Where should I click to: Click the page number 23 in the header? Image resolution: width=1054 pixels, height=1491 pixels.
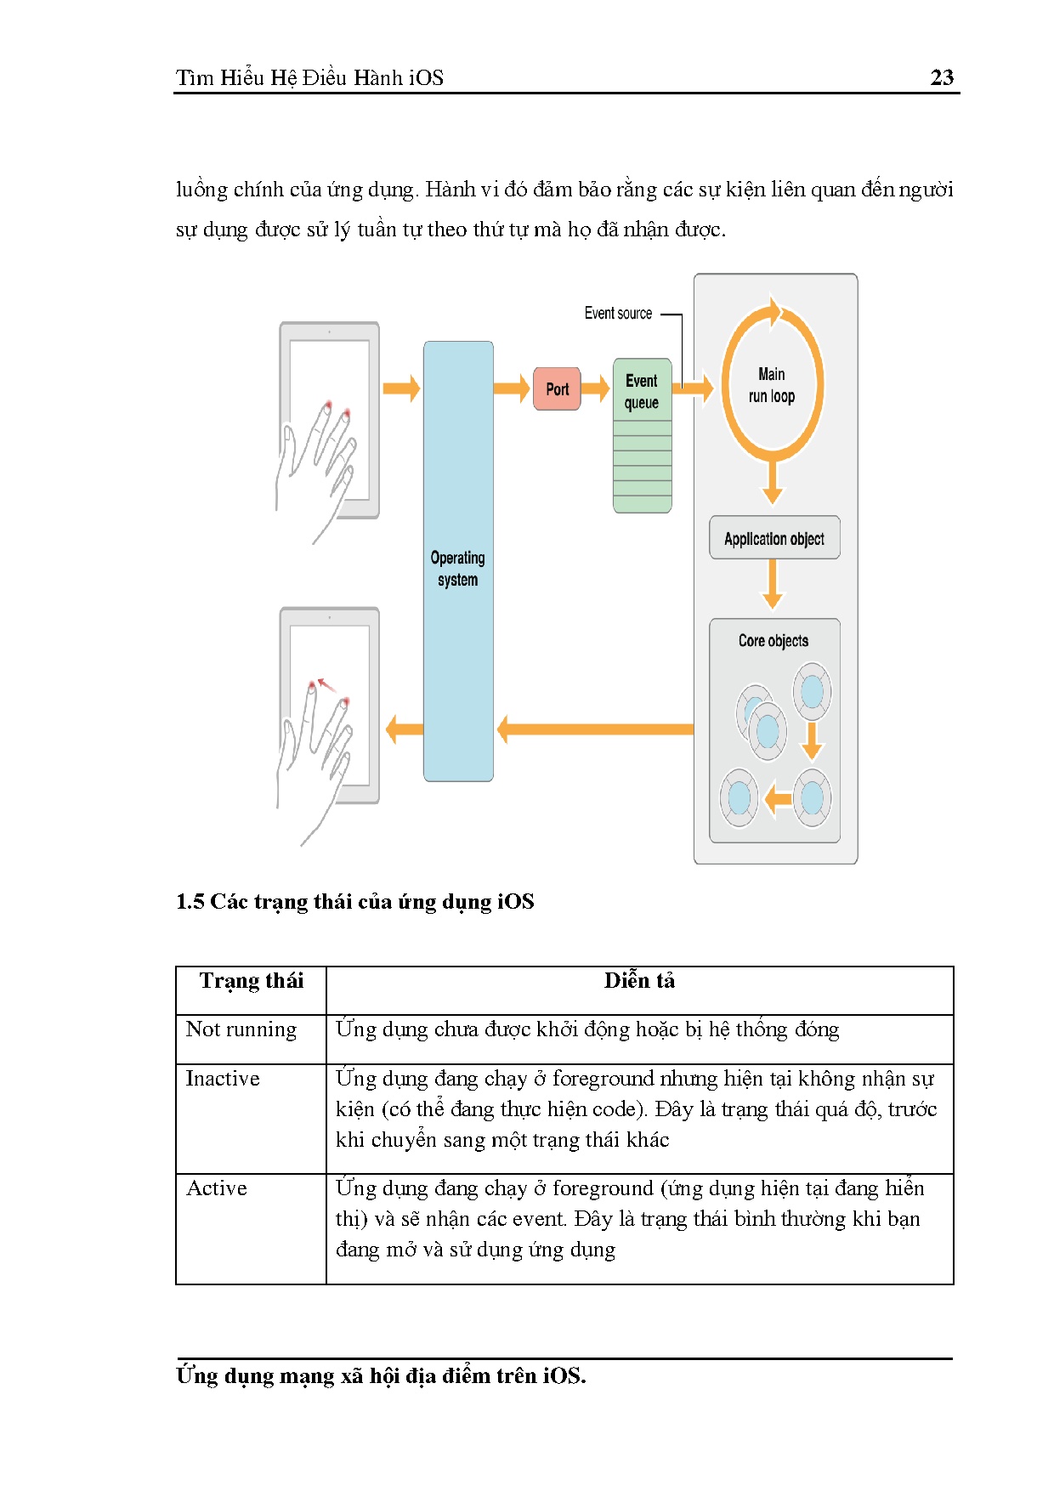(942, 77)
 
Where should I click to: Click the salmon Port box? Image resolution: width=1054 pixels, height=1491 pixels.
(557, 389)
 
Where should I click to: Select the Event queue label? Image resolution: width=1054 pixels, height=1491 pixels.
(642, 392)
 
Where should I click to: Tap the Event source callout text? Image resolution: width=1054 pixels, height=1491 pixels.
(618, 314)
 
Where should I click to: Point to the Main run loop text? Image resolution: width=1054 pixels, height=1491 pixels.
(772, 385)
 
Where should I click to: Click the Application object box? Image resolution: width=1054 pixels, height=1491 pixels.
(774, 538)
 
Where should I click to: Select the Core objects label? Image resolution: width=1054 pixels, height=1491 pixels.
(773, 641)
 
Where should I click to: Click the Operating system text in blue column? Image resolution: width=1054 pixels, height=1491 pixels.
(457, 569)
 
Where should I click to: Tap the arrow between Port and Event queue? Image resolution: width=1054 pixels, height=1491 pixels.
(595, 389)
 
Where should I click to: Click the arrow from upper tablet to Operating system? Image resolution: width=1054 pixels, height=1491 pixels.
(401, 389)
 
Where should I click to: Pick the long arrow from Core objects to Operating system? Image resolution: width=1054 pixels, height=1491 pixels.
(595, 729)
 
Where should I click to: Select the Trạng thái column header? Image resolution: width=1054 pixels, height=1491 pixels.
(251, 981)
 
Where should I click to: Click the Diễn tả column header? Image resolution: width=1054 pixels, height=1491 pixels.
(639, 981)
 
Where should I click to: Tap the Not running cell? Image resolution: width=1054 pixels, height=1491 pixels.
(241, 1029)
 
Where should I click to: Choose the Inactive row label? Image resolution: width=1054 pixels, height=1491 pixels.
(223, 1079)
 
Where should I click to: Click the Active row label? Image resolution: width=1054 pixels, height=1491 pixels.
(217, 1188)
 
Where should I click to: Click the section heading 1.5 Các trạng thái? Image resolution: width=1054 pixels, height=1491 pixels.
(354, 902)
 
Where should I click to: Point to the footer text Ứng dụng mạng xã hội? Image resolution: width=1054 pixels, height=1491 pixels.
(381, 1375)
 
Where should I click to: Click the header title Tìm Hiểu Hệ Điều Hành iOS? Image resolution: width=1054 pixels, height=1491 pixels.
(309, 78)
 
